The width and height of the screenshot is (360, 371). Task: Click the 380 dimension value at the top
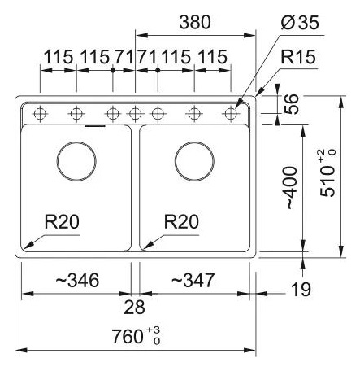pos(195,22)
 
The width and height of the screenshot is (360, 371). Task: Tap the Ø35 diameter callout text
pos(300,22)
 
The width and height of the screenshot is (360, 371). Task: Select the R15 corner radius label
pos(298,57)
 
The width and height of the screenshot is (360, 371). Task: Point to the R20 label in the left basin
pos(62,221)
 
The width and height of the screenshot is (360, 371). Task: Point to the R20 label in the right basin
pos(181,221)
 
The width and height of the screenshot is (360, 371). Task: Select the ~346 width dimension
pos(77,280)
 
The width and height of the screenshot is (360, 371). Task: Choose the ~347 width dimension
pos(193,280)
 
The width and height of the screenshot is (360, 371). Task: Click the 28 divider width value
pos(134,308)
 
